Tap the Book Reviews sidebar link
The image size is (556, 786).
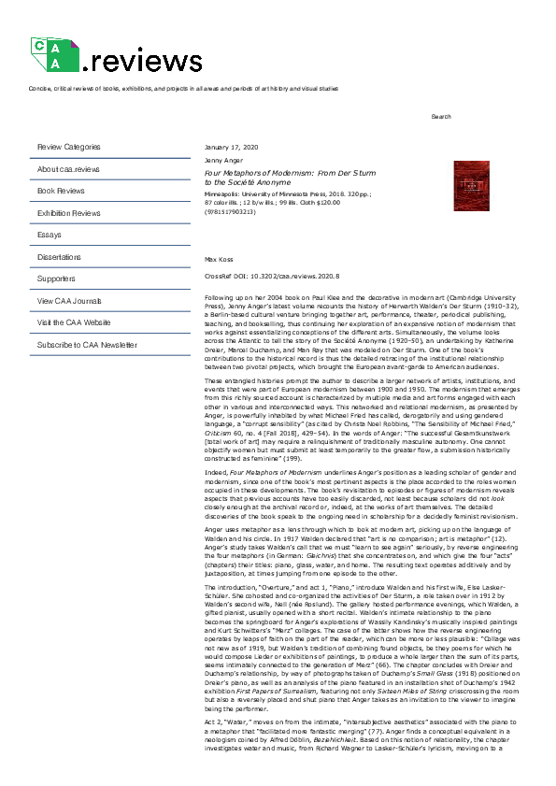(61, 191)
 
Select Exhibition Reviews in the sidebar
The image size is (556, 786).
(68, 213)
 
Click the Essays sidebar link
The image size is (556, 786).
(49, 235)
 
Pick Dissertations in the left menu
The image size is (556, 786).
(59, 256)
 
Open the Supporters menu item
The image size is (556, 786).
(56, 279)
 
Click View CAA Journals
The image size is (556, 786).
(70, 301)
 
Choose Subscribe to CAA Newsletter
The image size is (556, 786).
(87, 345)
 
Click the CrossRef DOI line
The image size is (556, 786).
(271, 277)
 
